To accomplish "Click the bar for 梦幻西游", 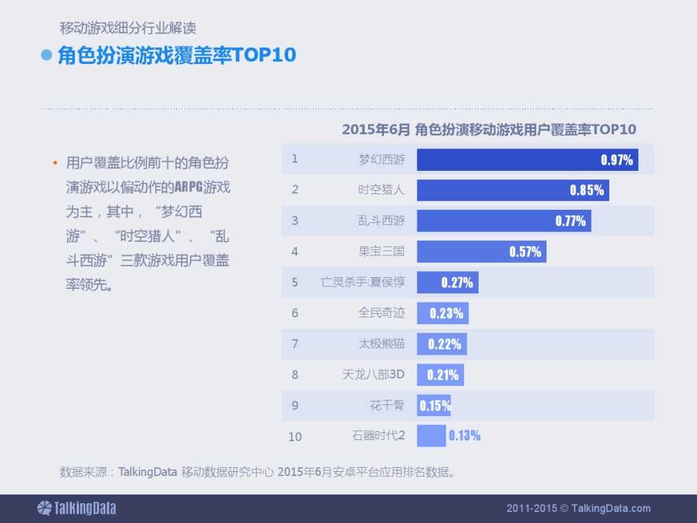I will click(527, 160).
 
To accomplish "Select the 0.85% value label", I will click(587, 191).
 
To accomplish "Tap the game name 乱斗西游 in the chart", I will click(381, 221).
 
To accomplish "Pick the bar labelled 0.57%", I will click(481, 251).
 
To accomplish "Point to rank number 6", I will click(295, 313).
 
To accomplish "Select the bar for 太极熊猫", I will click(442, 344).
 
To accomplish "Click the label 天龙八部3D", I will click(373, 375).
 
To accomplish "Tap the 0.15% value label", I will click(435, 406).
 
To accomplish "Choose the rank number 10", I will click(295, 437).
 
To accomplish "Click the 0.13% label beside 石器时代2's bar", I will click(464, 436).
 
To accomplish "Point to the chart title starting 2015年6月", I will click(489, 129).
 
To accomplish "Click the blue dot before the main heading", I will click(47, 55).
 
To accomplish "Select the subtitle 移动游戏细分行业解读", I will click(128, 29).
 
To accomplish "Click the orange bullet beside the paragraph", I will click(55, 163).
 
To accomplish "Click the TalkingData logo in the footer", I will click(76, 508).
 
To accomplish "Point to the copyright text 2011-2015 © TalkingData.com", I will click(578, 508).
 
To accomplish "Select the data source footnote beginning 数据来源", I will click(257, 471).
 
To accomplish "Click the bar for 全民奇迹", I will click(442, 313).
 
